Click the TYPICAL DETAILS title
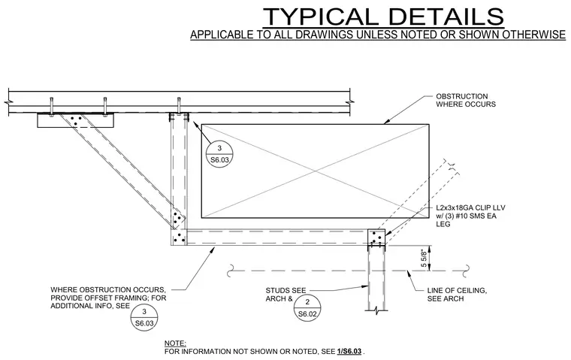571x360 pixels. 383,17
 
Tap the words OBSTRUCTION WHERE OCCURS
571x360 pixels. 466,100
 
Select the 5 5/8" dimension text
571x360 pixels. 424,259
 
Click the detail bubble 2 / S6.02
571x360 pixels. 307,308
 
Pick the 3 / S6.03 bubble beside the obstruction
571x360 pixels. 219,154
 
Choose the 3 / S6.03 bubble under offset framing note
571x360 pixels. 144,317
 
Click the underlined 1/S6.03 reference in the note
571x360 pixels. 349,351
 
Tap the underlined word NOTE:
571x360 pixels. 175,343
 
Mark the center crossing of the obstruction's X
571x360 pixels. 316,171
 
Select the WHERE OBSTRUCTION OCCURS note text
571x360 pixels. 108,298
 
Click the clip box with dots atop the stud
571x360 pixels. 376,237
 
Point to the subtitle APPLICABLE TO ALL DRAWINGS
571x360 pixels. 378,35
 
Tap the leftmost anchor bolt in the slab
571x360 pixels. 52,107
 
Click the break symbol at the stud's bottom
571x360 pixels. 376,311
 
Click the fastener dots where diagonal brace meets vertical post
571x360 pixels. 178,219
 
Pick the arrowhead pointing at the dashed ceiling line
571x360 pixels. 409,274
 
